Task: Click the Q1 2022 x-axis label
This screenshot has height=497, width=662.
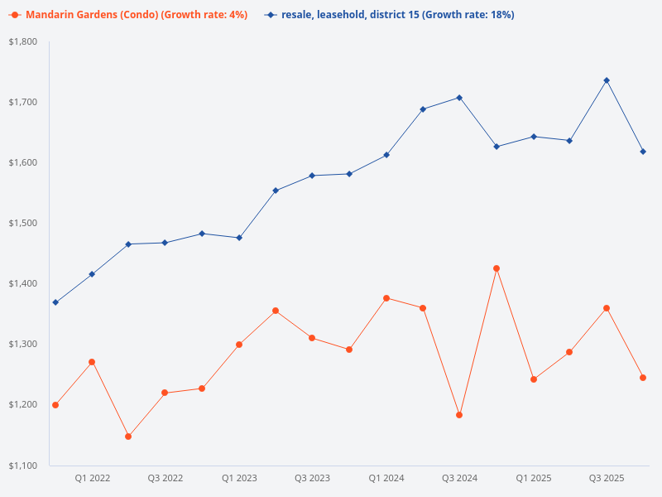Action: pyautogui.click(x=93, y=478)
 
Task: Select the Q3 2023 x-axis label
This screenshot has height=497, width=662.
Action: pyautogui.click(x=312, y=478)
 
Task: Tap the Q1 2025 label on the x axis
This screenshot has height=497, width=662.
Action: pyautogui.click(x=534, y=478)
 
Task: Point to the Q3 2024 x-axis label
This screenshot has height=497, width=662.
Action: pyautogui.click(x=459, y=478)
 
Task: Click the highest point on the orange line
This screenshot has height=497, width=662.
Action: pyautogui.click(x=496, y=268)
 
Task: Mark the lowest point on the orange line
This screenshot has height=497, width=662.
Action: pyautogui.click(x=128, y=437)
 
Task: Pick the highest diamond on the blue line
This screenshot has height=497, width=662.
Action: pyautogui.click(x=607, y=80)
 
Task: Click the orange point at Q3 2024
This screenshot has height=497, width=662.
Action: pyautogui.click(x=459, y=415)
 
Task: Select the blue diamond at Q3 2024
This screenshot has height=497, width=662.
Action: pyautogui.click(x=459, y=98)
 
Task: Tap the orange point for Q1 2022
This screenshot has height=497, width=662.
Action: pyautogui.click(x=92, y=362)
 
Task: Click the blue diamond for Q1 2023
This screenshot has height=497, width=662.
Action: pyautogui.click(x=239, y=238)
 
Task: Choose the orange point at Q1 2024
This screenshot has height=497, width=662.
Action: pyautogui.click(x=386, y=298)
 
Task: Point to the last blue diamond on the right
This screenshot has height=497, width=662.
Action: pyautogui.click(x=643, y=152)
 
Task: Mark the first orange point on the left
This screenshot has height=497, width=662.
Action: pyautogui.click(x=55, y=405)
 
